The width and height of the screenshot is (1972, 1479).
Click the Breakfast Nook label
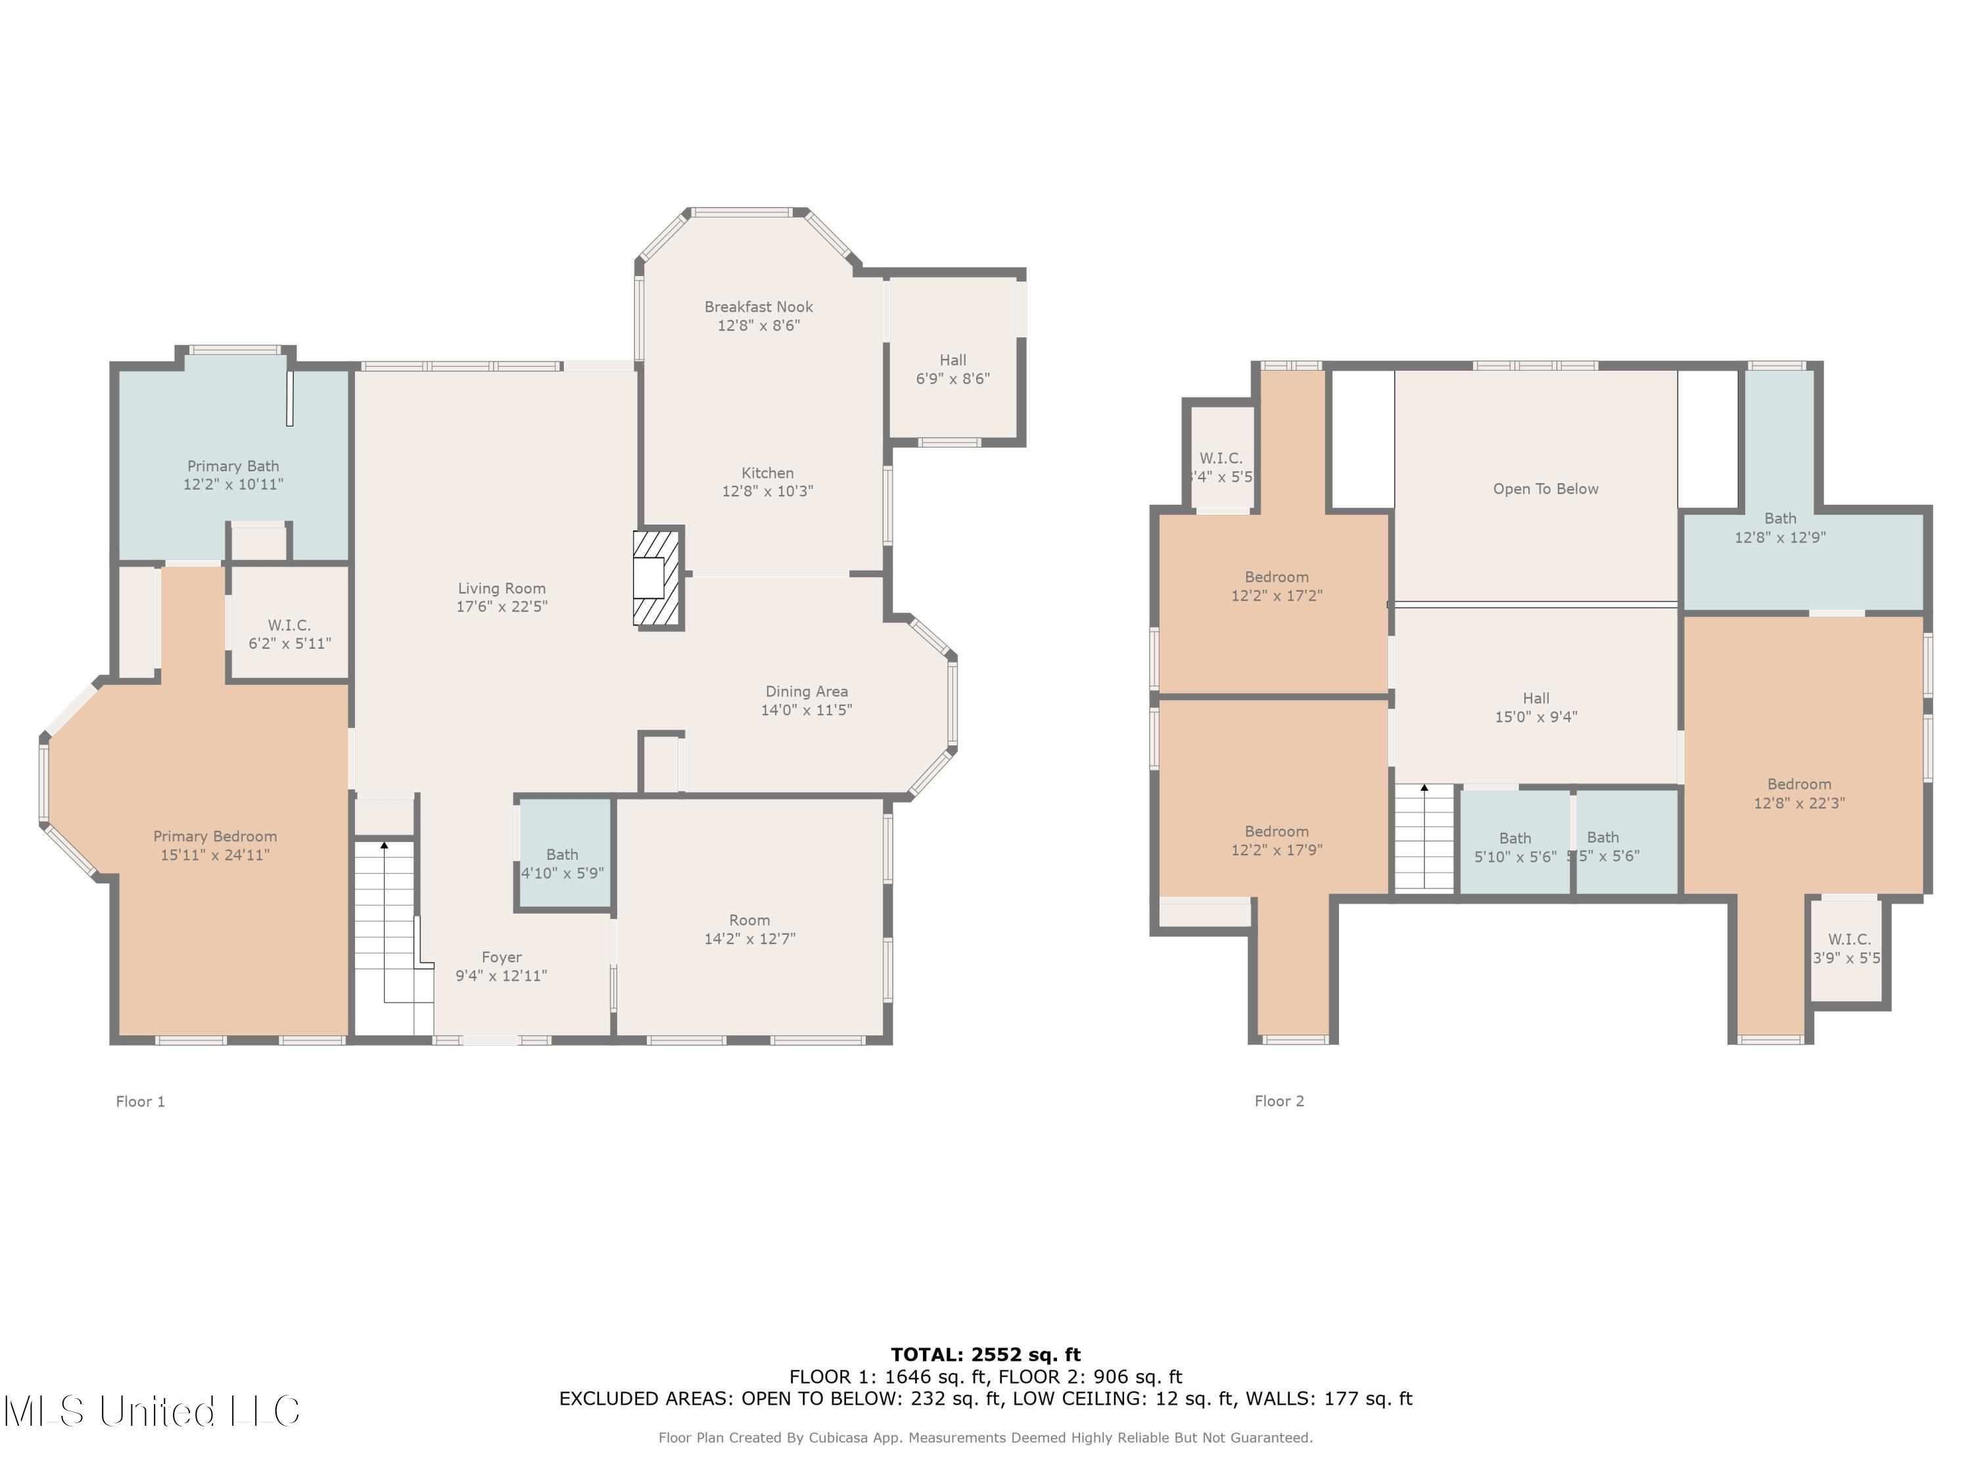[x=758, y=307]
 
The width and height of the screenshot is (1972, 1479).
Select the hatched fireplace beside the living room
[x=657, y=578]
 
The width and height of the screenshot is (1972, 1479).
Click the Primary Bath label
[x=233, y=466]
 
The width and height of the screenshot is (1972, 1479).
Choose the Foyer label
[x=501, y=958]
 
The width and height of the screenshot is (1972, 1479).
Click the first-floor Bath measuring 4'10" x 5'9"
[x=563, y=864]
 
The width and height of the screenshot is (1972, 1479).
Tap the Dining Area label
[x=806, y=692]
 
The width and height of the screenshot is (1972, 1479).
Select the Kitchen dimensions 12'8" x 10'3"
[x=766, y=491]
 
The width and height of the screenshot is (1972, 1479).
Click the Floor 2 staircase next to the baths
[x=1424, y=838]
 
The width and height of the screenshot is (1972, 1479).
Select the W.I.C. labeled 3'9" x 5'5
[x=1848, y=949]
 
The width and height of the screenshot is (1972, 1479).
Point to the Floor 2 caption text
[x=1279, y=1101]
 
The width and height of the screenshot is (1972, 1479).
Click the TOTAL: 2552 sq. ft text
[x=985, y=1355]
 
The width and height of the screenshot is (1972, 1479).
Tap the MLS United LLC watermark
[x=152, y=1411]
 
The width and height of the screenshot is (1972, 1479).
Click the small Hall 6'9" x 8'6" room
[x=952, y=369]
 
